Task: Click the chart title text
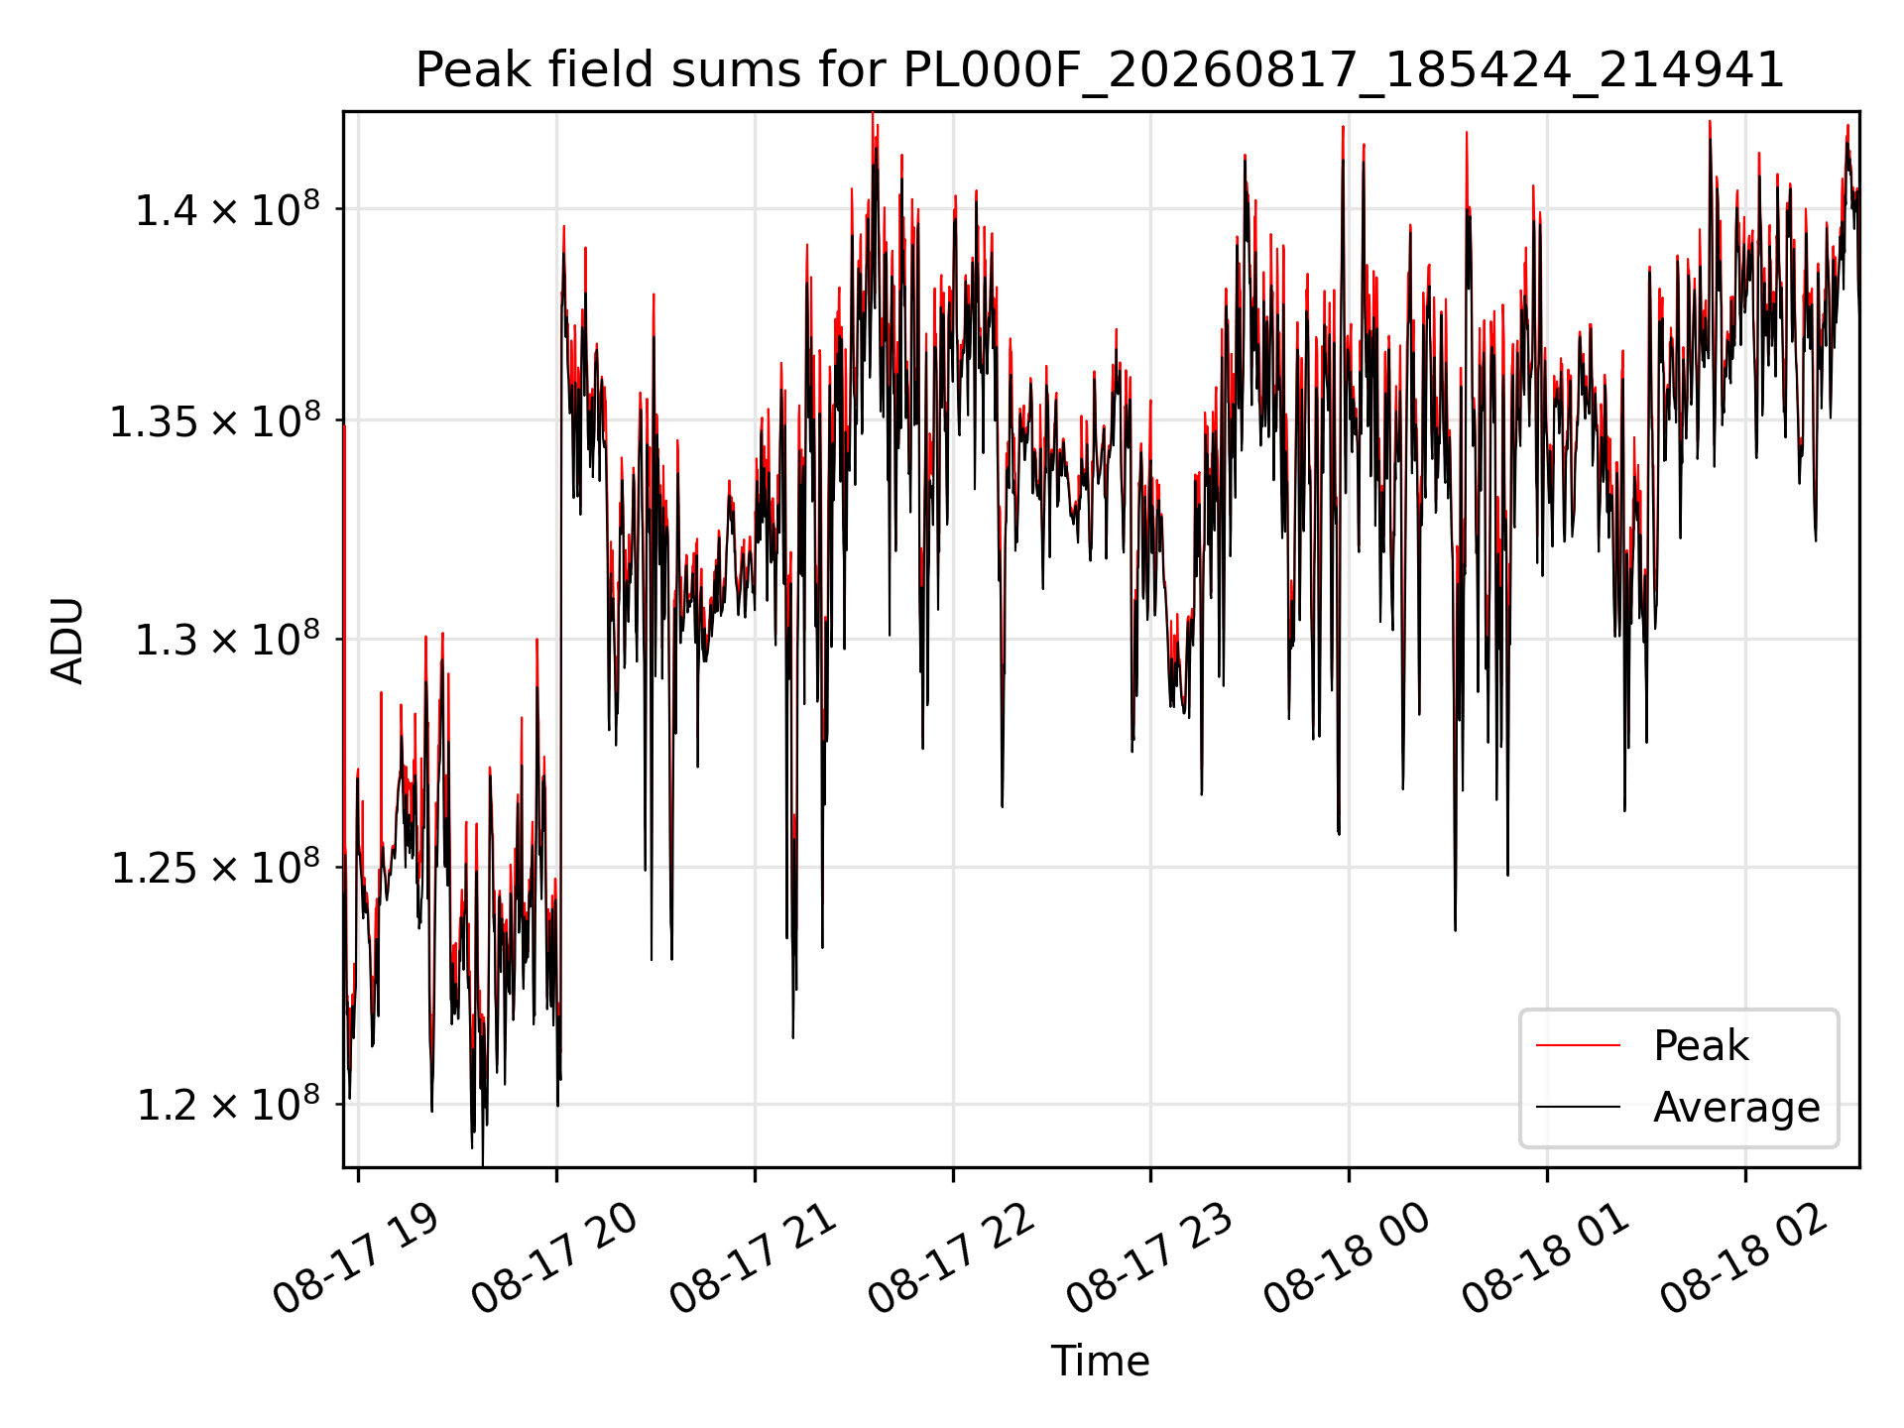pyautogui.click(x=1100, y=70)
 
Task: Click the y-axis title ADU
pyautogui.click(x=67, y=640)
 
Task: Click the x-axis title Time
pyautogui.click(x=1100, y=1361)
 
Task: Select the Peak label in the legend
pyautogui.click(x=1701, y=1045)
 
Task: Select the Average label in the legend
pyautogui.click(x=1736, y=1107)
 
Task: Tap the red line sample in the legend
pyautogui.click(x=1578, y=1045)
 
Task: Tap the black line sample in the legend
pyautogui.click(x=1578, y=1107)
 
